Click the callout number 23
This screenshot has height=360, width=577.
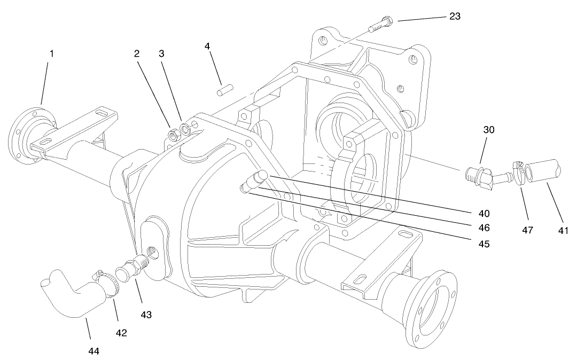point(455,16)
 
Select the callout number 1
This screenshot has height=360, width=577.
point(52,53)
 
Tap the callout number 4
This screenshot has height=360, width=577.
point(207,46)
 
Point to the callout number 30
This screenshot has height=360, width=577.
point(489,130)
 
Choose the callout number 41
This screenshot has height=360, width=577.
point(563,231)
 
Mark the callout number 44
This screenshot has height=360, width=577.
point(95,351)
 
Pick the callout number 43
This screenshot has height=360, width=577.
point(146,315)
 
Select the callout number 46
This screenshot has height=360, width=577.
point(484,228)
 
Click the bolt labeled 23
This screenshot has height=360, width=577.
point(380,24)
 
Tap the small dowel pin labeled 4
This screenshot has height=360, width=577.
point(223,92)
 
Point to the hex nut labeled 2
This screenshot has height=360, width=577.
point(173,135)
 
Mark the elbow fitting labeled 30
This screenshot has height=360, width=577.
point(484,176)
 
